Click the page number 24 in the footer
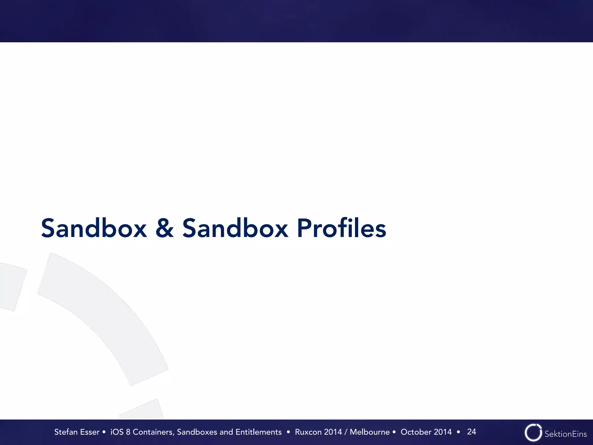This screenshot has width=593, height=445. (471, 432)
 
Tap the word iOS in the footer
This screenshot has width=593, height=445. (117, 432)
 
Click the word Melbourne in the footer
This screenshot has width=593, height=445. (369, 432)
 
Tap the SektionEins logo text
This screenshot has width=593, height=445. (565, 434)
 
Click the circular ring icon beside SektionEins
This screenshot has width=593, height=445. (533, 433)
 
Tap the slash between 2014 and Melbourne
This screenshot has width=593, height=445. (346, 432)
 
